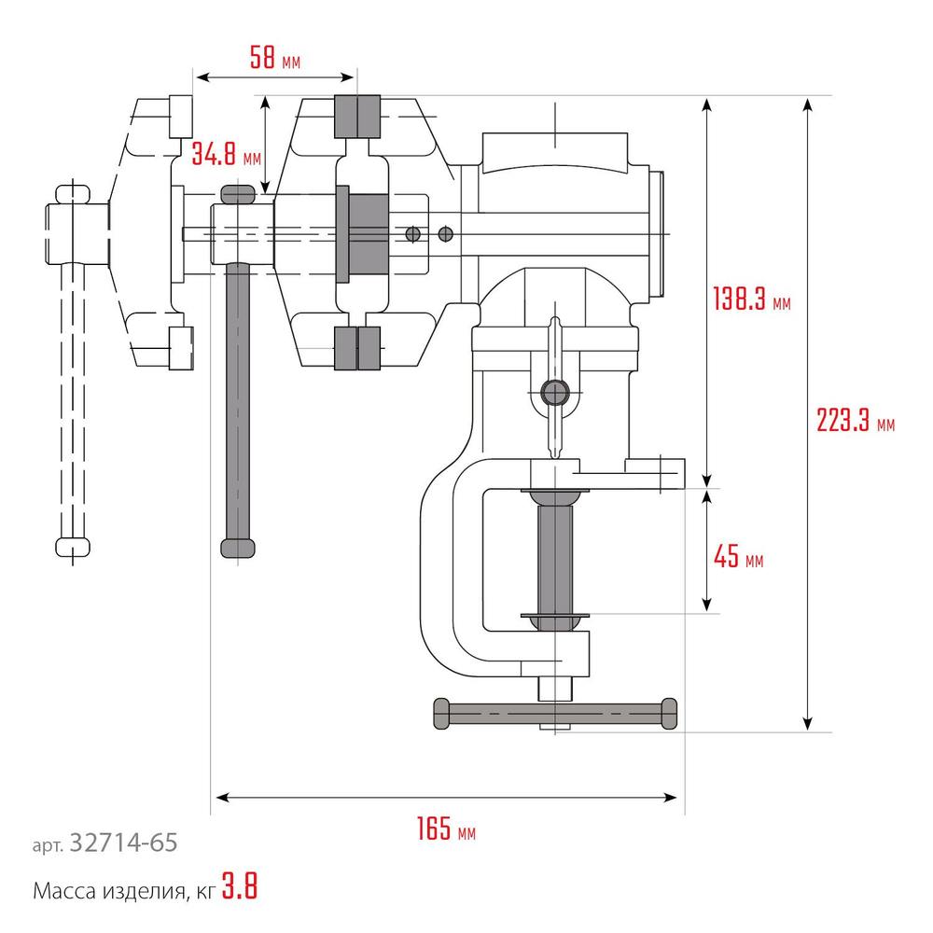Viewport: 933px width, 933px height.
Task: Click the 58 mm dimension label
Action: [x=274, y=60]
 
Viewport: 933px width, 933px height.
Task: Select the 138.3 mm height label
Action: [x=751, y=300]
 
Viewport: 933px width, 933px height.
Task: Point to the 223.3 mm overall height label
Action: [x=855, y=422]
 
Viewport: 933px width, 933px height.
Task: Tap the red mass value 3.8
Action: [x=240, y=887]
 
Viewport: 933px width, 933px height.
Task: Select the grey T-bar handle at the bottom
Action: [x=555, y=714]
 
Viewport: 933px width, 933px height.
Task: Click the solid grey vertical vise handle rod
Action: [x=239, y=401]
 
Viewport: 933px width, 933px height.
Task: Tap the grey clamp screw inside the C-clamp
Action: [x=557, y=555]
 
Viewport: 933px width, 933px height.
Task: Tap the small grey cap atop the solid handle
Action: [x=239, y=193]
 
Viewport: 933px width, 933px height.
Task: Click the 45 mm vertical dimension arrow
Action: [x=709, y=550]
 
